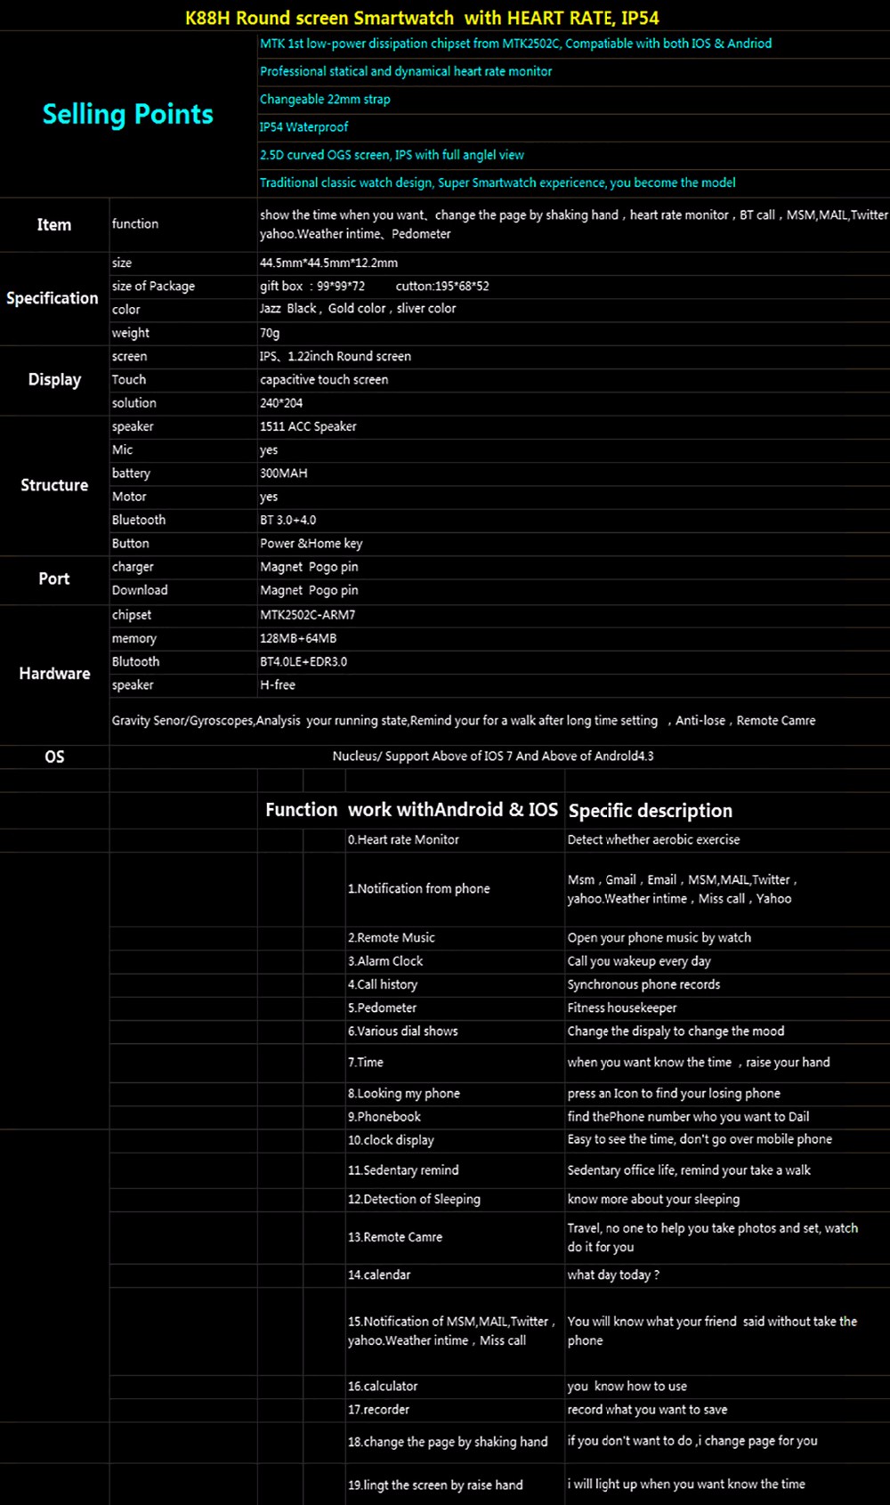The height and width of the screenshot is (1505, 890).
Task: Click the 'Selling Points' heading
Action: tap(127, 114)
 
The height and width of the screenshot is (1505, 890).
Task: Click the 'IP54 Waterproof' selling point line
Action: tap(303, 127)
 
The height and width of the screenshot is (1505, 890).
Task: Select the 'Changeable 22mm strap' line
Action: tap(325, 99)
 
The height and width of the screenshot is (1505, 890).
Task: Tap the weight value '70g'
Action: tap(270, 333)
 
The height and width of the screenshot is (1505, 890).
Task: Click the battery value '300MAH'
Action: tap(283, 473)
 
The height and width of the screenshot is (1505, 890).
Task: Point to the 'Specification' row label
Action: tap(53, 298)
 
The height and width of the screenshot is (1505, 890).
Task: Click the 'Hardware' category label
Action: tap(54, 674)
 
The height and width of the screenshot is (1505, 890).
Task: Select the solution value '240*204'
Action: tap(282, 403)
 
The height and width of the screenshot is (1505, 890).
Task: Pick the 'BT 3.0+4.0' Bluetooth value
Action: tap(287, 520)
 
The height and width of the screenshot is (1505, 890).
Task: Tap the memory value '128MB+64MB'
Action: tap(298, 638)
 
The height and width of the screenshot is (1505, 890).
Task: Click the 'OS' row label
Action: tap(54, 757)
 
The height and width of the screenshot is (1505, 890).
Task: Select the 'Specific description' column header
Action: tap(650, 811)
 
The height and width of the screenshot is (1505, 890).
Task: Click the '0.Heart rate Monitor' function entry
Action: tap(403, 839)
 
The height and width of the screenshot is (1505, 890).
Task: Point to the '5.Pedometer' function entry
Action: tap(382, 1007)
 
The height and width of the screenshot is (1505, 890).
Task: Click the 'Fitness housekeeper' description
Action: tap(622, 1007)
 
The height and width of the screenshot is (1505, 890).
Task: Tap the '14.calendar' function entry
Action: tap(379, 1274)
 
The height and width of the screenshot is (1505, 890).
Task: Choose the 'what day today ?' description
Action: tap(613, 1274)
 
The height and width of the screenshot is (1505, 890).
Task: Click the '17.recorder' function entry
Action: tap(378, 1409)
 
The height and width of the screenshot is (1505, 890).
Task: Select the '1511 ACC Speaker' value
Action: tap(308, 426)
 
